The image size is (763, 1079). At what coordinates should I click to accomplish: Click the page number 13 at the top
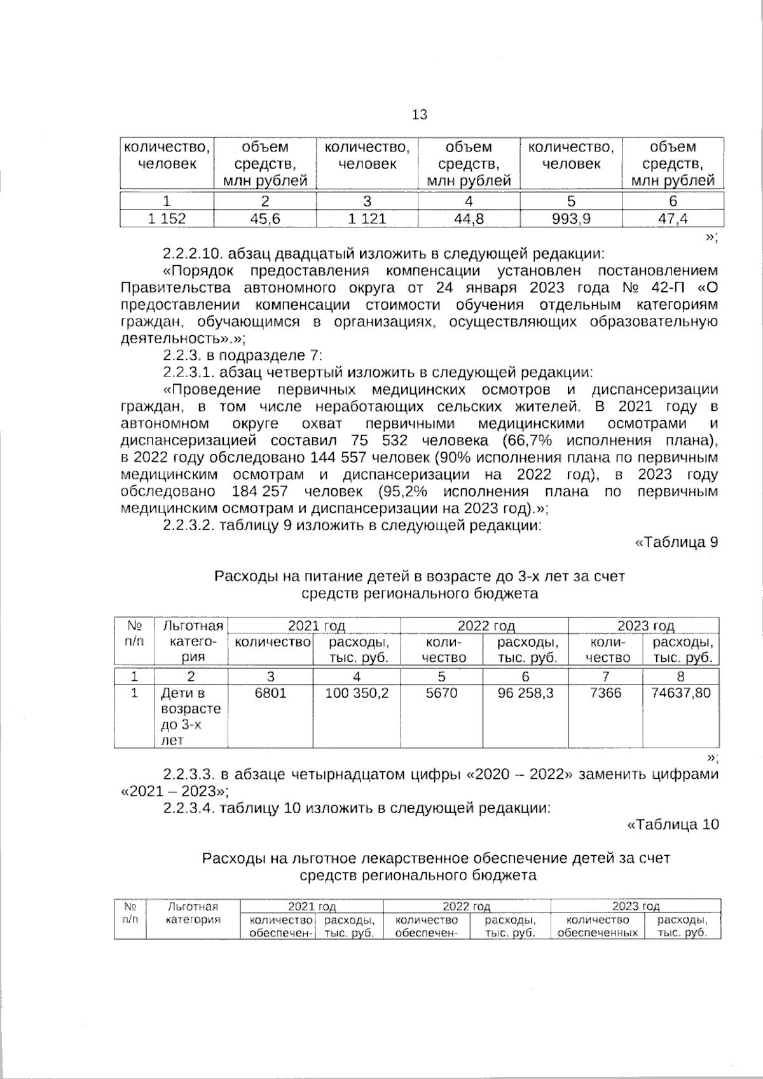click(x=420, y=114)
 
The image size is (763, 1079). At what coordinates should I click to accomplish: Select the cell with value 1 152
click(x=167, y=219)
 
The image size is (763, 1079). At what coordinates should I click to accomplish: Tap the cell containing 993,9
click(x=571, y=219)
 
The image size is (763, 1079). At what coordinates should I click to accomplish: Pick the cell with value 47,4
click(x=673, y=219)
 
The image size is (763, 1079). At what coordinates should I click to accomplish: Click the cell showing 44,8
click(x=469, y=219)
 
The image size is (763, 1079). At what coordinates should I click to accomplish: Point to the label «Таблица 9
click(x=677, y=542)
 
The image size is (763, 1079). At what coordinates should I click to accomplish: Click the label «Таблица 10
click(x=673, y=825)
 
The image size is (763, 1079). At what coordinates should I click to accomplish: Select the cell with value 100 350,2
click(x=357, y=693)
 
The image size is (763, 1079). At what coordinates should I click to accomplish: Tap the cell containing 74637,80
click(x=681, y=693)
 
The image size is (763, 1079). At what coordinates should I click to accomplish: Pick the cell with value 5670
click(x=441, y=693)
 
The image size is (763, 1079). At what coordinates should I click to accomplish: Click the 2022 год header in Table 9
click(x=486, y=626)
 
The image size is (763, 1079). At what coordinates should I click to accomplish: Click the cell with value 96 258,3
click(x=525, y=693)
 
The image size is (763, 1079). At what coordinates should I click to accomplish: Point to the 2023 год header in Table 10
click(x=635, y=906)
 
